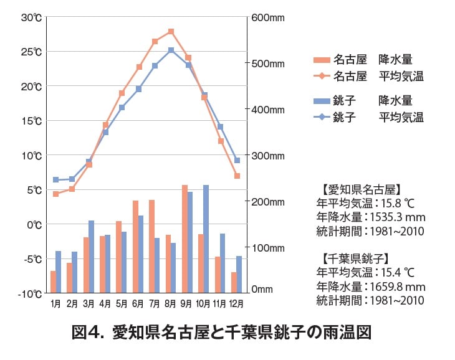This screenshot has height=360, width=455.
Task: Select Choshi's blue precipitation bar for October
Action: click(206, 239)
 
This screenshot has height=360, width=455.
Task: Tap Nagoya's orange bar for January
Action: click(54, 282)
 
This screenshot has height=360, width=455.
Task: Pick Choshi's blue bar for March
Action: click(91, 256)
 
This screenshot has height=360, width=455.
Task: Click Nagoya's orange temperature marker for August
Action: click(171, 31)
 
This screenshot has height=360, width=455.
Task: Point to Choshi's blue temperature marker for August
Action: click(171, 50)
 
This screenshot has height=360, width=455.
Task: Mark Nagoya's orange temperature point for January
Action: click(56, 194)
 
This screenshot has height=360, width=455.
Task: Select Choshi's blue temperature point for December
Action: click(237, 160)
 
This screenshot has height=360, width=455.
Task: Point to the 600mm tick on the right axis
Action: click(267, 17)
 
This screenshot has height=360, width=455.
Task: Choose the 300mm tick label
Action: click(267, 155)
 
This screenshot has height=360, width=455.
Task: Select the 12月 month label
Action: click(236, 304)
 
